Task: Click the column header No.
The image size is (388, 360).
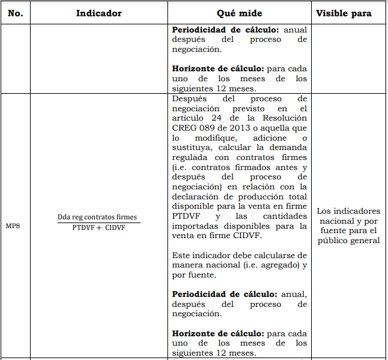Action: pos(15,13)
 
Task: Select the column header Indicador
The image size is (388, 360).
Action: pos(99,13)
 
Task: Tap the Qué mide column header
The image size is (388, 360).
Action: pos(239,13)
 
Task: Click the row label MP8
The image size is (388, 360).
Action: pos(13,225)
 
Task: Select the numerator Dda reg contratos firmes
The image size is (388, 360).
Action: pos(97,217)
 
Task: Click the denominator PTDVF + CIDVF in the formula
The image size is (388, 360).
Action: pos(98,227)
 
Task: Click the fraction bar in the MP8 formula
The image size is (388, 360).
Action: pos(97,222)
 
